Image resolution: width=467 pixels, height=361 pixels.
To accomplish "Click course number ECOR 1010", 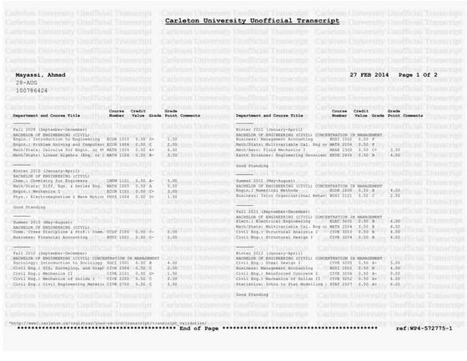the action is point(118,139).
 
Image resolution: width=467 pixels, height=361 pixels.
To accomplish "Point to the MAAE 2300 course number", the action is point(342,148).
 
